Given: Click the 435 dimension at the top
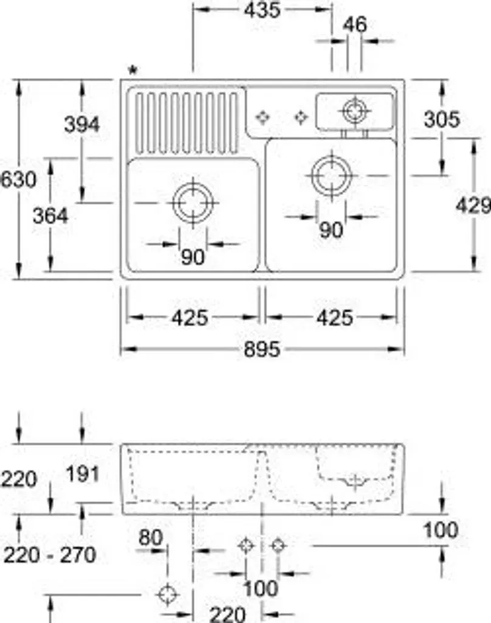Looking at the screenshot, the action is pyautogui.click(x=262, y=10).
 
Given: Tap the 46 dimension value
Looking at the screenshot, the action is pyautogui.click(x=355, y=25).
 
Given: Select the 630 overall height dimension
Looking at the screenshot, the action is pyautogui.click(x=18, y=179).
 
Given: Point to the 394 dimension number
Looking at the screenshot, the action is pyautogui.click(x=82, y=125).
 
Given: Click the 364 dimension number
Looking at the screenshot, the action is pyautogui.click(x=50, y=217).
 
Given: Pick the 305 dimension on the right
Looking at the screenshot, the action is pyautogui.click(x=442, y=120).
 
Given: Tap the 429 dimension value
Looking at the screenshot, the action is pyautogui.click(x=473, y=206).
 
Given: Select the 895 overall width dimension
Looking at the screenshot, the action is pyautogui.click(x=262, y=350).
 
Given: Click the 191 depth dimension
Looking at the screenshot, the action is pyautogui.click(x=83, y=474).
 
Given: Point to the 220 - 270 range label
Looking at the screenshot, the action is pyautogui.click(x=50, y=555).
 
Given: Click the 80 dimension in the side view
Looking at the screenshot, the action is pyautogui.click(x=151, y=538).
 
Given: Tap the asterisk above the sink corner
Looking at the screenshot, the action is pyautogui.click(x=133, y=71).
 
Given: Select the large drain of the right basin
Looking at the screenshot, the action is pyautogui.click(x=331, y=176).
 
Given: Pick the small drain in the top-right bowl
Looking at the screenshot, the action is pyautogui.click(x=354, y=111).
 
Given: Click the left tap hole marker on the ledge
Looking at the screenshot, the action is pyautogui.click(x=263, y=117).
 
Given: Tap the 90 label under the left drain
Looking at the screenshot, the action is pyautogui.click(x=193, y=257).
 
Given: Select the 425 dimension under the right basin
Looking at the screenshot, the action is pyautogui.click(x=335, y=318).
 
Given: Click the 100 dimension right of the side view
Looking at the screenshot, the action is pyautogui.click(x=441, y=531).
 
